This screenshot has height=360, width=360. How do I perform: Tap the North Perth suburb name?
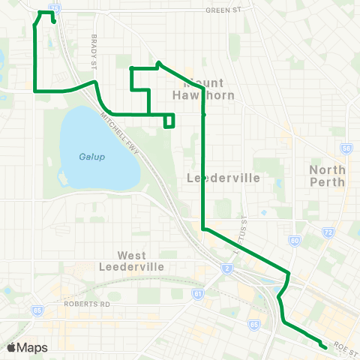coord(328,176)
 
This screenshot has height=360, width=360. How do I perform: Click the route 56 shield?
coord(346,149)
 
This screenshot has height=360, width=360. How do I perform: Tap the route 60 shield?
coord(295,241)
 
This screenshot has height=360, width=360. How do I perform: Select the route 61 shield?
coord(197,294)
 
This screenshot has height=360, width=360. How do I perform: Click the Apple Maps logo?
coord(27,347)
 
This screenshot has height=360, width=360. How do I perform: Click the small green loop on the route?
coord(169,120)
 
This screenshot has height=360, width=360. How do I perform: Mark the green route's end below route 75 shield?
coord(55,22)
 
